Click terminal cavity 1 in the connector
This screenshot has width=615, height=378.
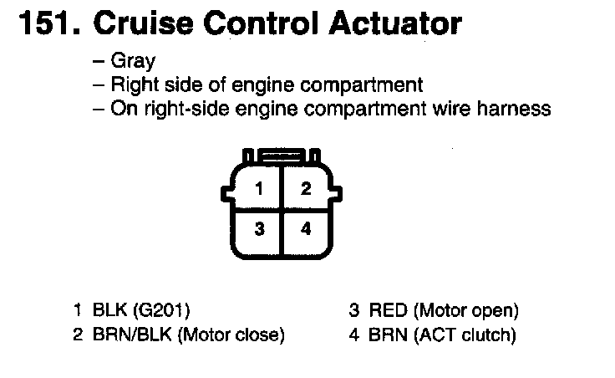pos(259,189)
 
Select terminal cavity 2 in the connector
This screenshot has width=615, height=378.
pos(306,189)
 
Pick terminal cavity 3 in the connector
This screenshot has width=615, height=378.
pos(259,227)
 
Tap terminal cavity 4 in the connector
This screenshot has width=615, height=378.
pos(306,227)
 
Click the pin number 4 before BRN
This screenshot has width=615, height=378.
pos(353,335)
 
